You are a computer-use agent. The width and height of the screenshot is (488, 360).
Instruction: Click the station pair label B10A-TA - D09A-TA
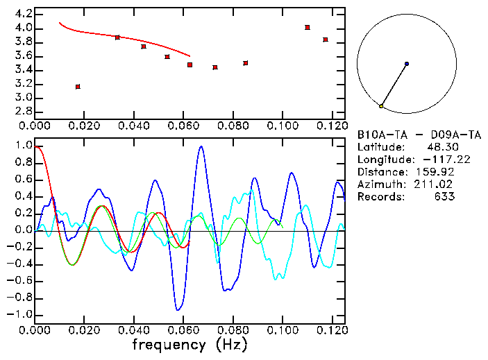pos(419,135)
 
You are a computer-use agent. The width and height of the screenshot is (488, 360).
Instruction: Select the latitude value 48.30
pos(440,147)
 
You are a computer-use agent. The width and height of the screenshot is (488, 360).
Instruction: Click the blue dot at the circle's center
pos(407,64)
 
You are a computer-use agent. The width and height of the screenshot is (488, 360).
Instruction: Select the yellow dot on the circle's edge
pos(381,106)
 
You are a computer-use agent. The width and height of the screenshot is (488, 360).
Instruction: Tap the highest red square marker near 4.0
pos(308,28)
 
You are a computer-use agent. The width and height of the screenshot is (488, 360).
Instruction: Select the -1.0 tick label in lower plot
pos(20,314)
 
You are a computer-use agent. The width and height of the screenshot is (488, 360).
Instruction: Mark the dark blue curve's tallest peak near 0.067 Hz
pos(201,147)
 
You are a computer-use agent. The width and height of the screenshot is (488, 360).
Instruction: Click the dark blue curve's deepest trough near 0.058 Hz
pos(179,309)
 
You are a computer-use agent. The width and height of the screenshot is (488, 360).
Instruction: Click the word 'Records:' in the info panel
pos(380,197)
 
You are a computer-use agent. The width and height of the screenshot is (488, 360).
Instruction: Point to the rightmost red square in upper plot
pos(326,40)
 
